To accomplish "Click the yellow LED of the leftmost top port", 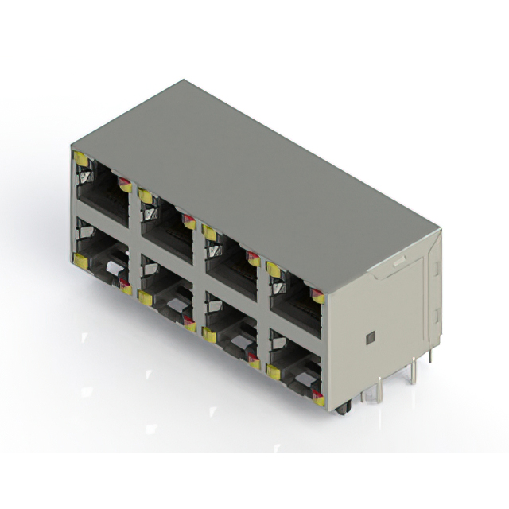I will [x=81, y=159].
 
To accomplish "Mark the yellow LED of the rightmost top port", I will [x=274, y=270].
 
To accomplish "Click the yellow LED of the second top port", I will [x=146, y=196].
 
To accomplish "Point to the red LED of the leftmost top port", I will [x=125, y=186].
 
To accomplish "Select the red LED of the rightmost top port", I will [x=317, y=297].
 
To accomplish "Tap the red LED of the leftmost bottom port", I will [x=125, y=285].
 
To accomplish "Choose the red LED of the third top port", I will [x=254, y=259].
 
